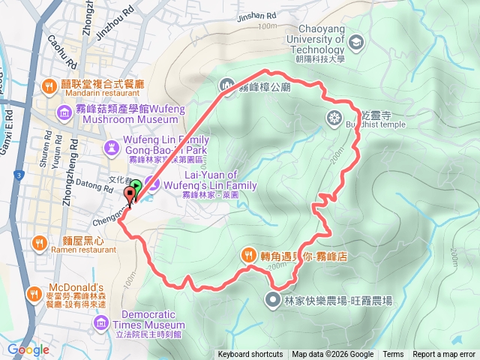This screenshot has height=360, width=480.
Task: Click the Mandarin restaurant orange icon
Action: point(49,85)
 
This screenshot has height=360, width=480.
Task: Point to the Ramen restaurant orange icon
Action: point(37,242)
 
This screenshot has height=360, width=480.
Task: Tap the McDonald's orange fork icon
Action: point(33,292)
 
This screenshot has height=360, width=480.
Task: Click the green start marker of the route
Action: point(136,187)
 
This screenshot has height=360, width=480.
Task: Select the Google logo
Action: point(28,349)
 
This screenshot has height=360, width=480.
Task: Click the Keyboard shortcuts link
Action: point(250,355)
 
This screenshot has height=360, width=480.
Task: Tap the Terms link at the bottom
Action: point(393,355)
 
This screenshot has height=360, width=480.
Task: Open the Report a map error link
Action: point(444,355)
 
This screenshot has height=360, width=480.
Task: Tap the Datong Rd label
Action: point(89,184)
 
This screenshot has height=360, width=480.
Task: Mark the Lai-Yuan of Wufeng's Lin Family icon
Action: point(149,182)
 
